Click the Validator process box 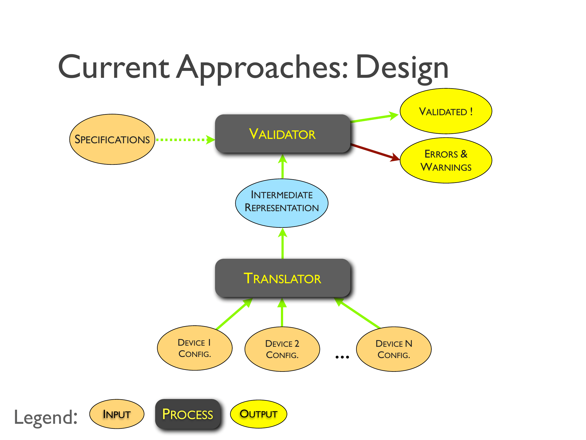tap(282, 134)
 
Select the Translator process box tap(282, 278)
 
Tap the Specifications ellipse tap(112, 139)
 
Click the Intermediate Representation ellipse tap(282, 203)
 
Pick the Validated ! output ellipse tap(446, 111)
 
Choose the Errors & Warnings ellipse tap(446, 160)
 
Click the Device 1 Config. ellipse tap(194, 348)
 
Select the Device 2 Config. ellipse tap(282, 349)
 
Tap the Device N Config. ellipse tap(394, 349)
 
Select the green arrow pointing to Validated tap(373, 118)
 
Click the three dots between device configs tap(342, 357)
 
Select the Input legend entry tap(117, 414)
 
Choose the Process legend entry tap(188, 414)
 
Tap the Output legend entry tap(258, 414)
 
